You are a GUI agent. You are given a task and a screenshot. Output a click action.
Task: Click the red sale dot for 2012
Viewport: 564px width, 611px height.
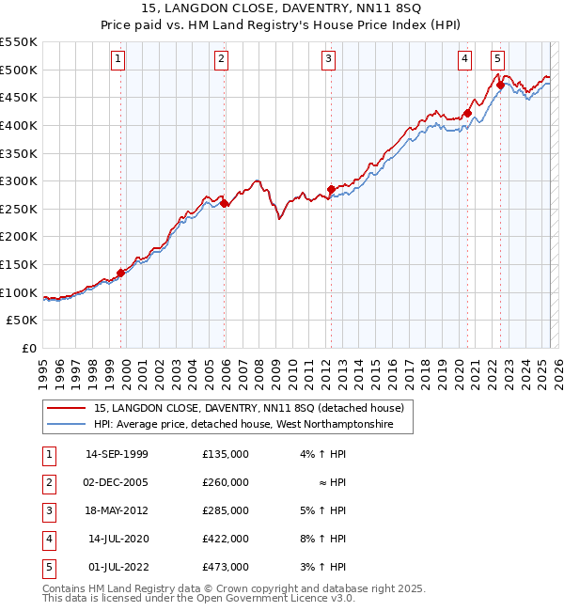(331, 190)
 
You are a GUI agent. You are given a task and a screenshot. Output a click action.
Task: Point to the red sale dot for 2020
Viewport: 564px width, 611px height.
(466, 114)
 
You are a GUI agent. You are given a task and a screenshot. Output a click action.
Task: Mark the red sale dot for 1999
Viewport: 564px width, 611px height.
(120, 274)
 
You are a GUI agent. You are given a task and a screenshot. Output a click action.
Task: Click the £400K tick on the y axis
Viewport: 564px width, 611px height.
(19, 125)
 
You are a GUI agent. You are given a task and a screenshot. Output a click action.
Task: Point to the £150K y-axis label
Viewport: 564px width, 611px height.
(19, 264)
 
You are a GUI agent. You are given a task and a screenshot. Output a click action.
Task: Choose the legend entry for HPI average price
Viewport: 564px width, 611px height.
(254, 425)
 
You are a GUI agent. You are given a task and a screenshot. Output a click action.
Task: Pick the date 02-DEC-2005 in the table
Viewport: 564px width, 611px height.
(117, 482)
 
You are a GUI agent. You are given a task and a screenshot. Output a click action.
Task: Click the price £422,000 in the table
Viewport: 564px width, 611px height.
(226, 539)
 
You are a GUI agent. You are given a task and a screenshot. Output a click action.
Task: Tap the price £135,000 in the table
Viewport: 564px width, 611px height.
(226, 454)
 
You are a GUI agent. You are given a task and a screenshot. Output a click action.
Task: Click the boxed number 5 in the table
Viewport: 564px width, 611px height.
(47, 567)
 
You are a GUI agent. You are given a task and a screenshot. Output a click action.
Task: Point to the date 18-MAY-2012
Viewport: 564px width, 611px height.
(117, 510)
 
